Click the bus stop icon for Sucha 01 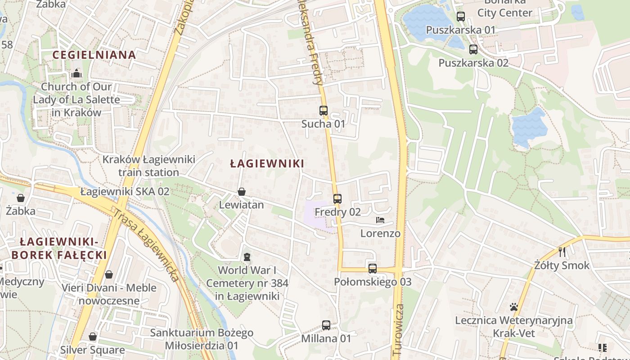(x=323, y=110)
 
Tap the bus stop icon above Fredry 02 (x=337, y=198)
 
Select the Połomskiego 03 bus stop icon (x=372, y=269)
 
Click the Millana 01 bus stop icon (x=326, y=325)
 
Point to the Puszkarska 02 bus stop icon (x=473, y=49)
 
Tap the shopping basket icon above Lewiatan (x=242, y=192)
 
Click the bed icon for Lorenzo (x=380, y=220)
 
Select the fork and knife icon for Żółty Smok (x=562, y=252)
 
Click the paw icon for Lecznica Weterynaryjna (x=513, y=307)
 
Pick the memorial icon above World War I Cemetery (x=246, y=257)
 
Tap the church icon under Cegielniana (x=76, y=73)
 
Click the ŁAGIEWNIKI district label (x=267, y=163)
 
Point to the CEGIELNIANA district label (x=94, y=55)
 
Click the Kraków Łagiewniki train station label (x=148, y=166)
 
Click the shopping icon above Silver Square (x=93, y=337)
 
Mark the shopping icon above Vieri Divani (x=109, y=274)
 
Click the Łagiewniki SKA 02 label (x=125, y=191)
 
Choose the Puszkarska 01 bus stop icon (x=460, y=17)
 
